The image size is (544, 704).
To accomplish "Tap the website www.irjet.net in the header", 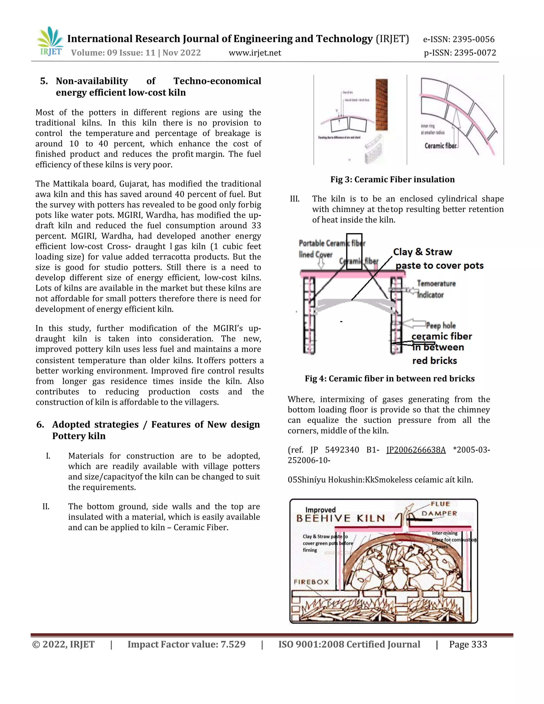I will point(254,53).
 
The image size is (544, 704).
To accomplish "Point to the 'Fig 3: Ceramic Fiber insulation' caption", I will point(392,180).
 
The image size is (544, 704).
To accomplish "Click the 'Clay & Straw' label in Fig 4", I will point(423,252).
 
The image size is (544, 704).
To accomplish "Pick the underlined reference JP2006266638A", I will point(416,450).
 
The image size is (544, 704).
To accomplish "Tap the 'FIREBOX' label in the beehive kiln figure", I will point(311,582).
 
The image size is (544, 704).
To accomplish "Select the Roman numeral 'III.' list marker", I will point(295,199).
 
